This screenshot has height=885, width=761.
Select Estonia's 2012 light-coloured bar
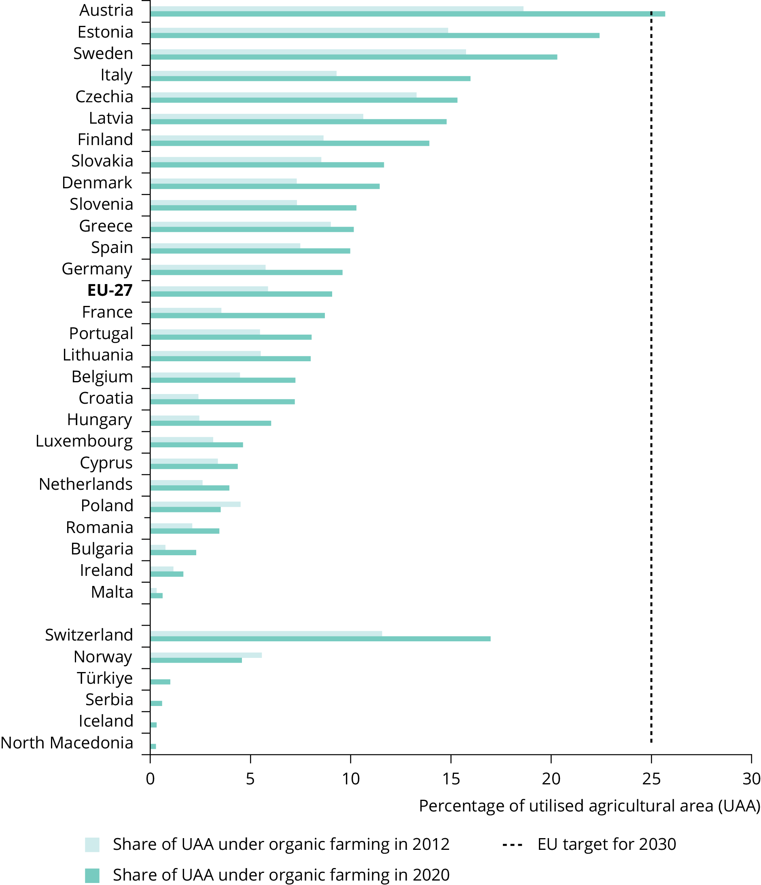click(x=299, y=30)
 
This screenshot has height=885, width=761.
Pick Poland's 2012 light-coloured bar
click(x=195, y=504)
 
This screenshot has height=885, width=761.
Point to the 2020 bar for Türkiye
click(x=160, y=682)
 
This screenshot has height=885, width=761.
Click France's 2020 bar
click(x=237, y=316)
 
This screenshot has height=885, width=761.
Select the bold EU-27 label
click(x=110, y=291)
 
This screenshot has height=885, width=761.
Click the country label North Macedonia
click(x=67, y=743)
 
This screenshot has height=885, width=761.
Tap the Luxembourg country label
click(x=84, y=441)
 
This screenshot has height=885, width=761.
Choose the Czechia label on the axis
click(x=104, y=97)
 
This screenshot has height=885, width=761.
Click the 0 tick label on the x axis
click(x=150, y=779)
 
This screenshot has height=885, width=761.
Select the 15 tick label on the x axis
click(x=451, y=779)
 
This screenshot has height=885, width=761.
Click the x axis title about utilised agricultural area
click(x=589, y=806)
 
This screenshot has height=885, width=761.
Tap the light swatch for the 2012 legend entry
click(x=92, y=845)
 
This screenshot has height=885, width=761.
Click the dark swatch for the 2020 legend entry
click(x=92, y=875)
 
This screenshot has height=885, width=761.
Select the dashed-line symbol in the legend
click(x=512, y=845)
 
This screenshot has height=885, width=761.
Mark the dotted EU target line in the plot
click(x=651, y=384)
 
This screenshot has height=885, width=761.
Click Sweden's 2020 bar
click(x=353, y=57)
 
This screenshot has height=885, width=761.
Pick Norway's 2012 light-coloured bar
click(x=206, y=655)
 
